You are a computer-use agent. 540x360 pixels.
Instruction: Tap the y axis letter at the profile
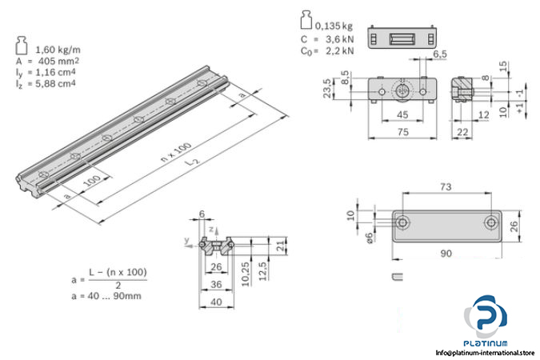[x=185, y=239]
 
